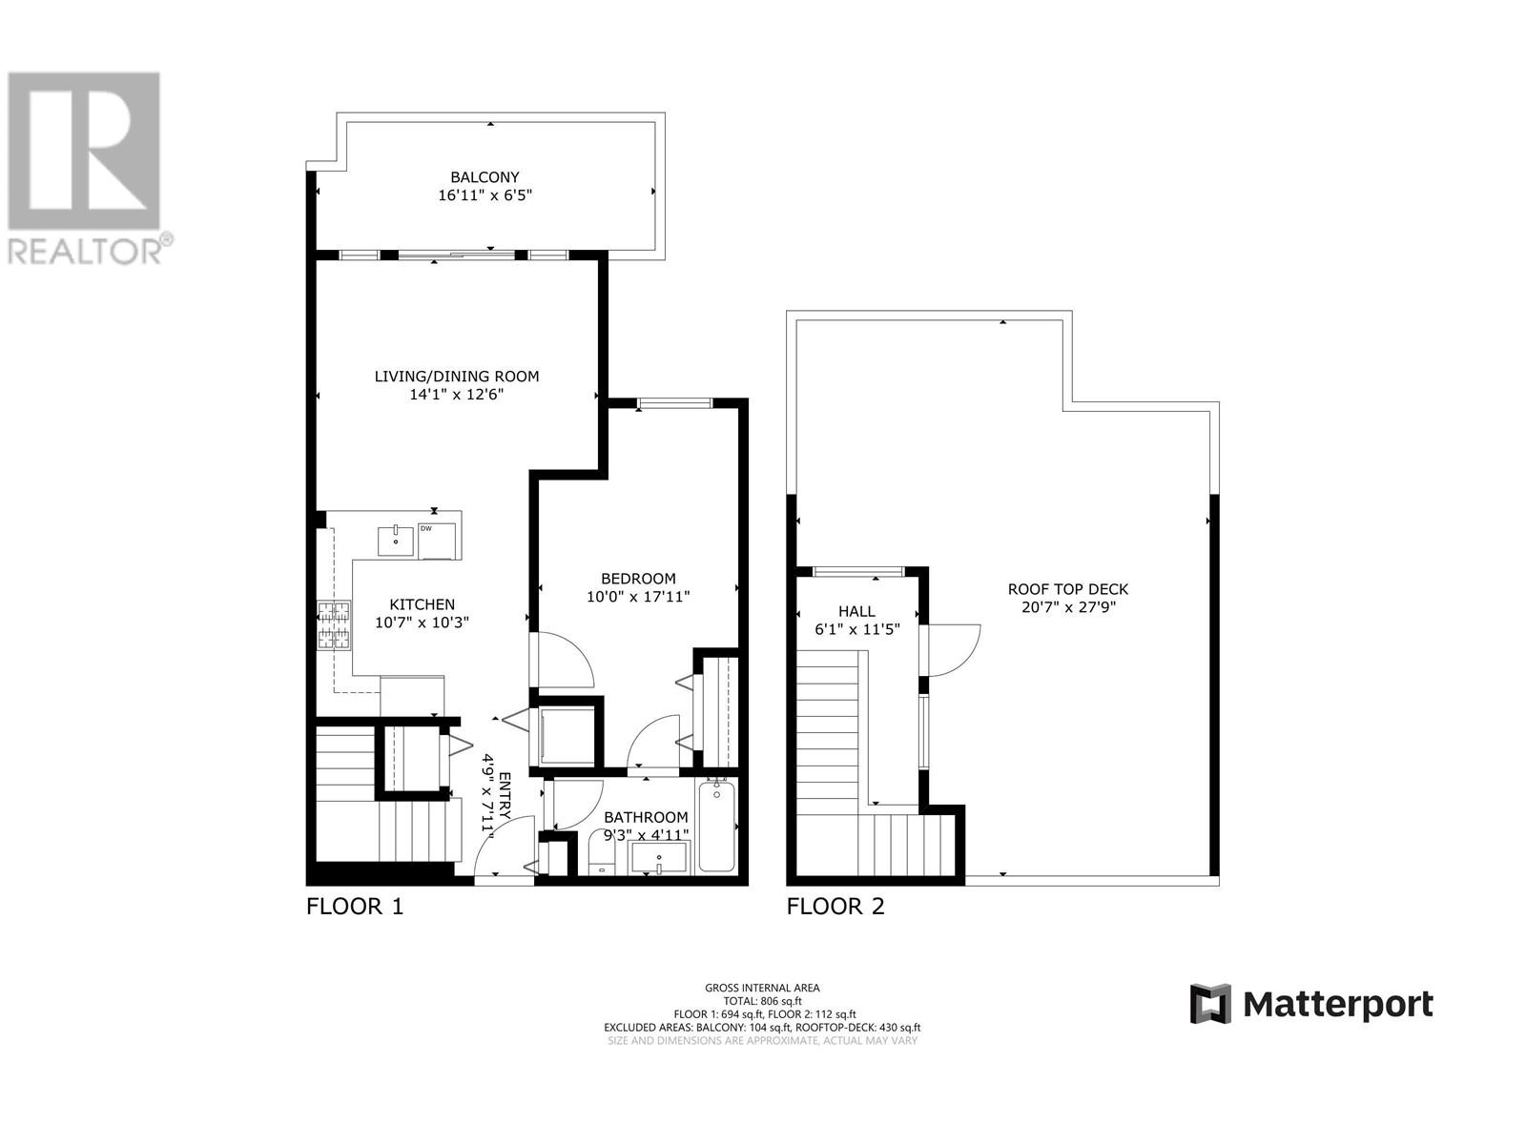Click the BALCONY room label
pyautogui.click(x=485, y=177)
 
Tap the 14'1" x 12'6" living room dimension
pyautogui.click(x=456, y=394)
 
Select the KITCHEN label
pyautogui.click(x=422, y=604)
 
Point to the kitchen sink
pyautogui.click(x=396, y=541)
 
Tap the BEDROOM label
pyautogui.click(x=638, y=579)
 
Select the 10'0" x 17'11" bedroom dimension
pyautogui.click(x=638, y=597)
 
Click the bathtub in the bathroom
pyautogui.click(x=717, y=826)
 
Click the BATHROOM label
pyautogui.click(x=646, y=817)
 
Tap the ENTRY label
pyautogui.click(x=505, y=795)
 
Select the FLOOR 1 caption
pyautogui.click(x=355, y=907)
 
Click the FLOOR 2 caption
pyautogui.click(x=835, y=907)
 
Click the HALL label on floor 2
pyautogui.click(x=856, y=611)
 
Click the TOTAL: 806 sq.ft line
pyautogui.click(x=762, y=1001)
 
